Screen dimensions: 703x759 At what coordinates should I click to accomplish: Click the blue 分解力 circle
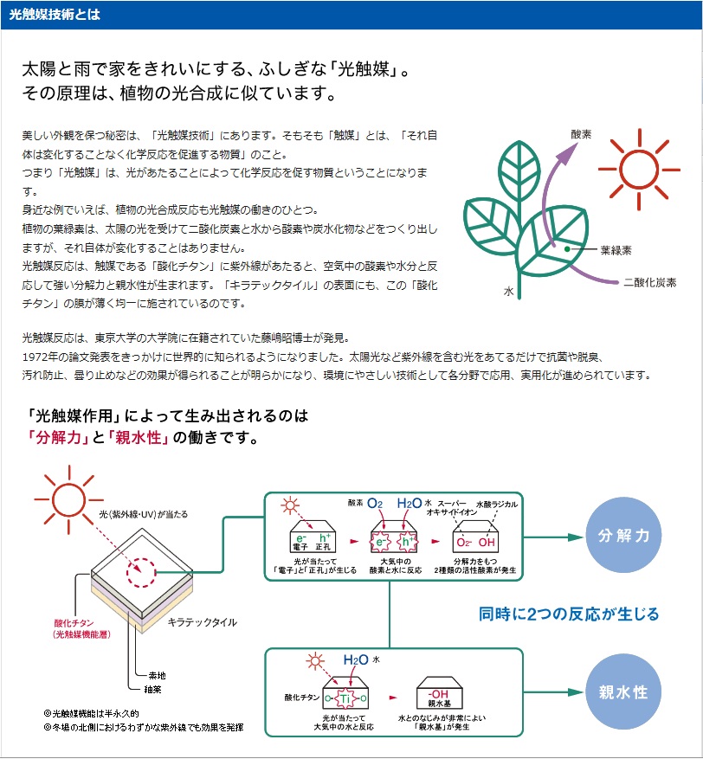click(x=623, y=536)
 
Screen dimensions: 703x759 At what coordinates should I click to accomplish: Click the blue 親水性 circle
click(x=623, y=691)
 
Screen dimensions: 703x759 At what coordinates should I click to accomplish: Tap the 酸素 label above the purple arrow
click(x=581, y=134)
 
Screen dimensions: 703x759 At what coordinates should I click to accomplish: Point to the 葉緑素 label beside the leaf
click(x=616, y=250)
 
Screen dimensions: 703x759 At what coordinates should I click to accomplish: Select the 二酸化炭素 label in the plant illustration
click(x=649, y=282)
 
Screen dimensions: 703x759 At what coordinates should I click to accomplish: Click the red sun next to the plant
click(x=639, y=170)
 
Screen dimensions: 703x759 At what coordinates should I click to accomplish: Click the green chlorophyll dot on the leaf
click(x=567, y=249)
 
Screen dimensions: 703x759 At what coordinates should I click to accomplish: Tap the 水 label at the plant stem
click(x=508, y=292)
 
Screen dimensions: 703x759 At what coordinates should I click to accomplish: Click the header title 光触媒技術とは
click(x=55, y=15)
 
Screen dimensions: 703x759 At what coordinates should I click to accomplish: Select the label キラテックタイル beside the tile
click(x=203, y=622)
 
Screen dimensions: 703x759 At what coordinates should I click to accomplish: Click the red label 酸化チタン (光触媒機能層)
click(x=81, y=628)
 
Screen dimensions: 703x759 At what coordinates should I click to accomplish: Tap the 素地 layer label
click(x=157, y=675)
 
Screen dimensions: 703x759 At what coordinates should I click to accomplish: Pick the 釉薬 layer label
click(x=152, y=689)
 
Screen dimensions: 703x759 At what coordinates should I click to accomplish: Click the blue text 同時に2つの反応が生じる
click(x=569, y=614)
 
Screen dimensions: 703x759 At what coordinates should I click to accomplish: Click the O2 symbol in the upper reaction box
click(x=375, y=504)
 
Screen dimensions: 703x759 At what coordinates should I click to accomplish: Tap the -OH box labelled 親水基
click(x=440, y=692)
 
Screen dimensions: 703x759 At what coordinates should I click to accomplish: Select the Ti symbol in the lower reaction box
click(x=345, y=698)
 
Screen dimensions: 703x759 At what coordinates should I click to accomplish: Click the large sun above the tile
click(x=69, y=500)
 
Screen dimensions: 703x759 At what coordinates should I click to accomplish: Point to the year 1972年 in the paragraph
click(x=39, y=357)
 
